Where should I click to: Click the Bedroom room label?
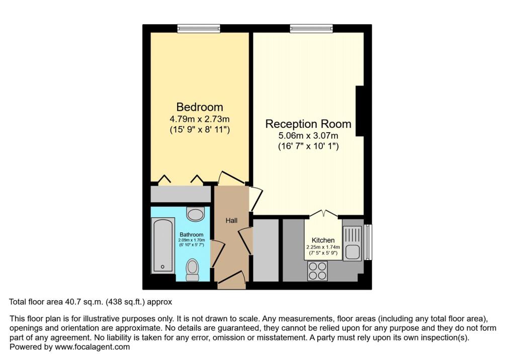tap(200, 107)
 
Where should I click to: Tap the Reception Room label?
tap(308, 124)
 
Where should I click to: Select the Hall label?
tap(231, 220)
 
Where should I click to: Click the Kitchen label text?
tap(323, 240)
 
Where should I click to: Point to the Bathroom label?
tap(192, 235)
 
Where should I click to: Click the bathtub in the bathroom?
tap(163, 245)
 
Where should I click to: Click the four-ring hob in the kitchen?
tap(317, 271)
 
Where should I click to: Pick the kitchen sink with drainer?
tap(353, 243)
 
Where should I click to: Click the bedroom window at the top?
tap(199, 29)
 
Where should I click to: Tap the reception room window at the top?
tap(311, 29)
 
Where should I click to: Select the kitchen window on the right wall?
tap(368, 243)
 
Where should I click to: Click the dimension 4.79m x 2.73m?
tap(200, 120)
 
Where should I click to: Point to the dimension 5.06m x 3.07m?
tap(308, 136)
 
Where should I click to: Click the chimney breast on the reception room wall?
tap(360, 111)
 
